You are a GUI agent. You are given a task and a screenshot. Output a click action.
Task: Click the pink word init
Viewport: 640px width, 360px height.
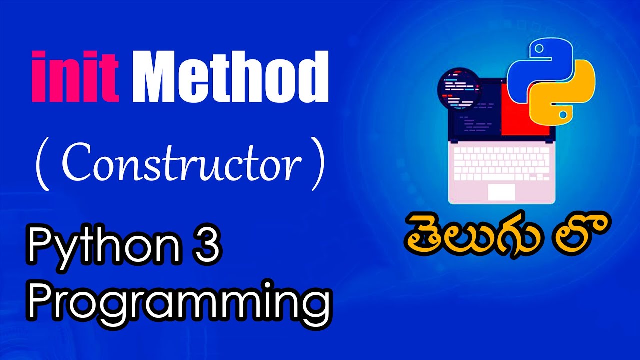74,77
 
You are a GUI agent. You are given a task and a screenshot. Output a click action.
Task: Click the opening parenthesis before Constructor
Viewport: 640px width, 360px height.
42,165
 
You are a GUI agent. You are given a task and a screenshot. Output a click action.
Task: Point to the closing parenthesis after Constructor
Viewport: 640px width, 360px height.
316,165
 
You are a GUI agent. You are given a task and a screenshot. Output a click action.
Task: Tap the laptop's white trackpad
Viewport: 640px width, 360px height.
501,192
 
